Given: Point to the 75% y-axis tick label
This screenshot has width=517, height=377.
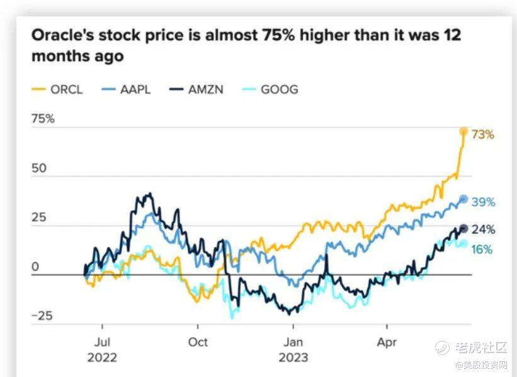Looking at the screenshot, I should coord(42,118).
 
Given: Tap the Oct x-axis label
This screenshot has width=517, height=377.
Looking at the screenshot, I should coord(198,344).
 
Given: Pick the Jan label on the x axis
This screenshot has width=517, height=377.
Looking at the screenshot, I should coord(293,344).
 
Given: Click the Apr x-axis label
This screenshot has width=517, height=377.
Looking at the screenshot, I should coord(387,344).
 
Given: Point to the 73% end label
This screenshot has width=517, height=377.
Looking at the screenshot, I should coord(482,135).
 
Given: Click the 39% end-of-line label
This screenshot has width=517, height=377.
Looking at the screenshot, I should coord(483,203).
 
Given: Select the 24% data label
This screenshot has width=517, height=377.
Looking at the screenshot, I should coord(483,230).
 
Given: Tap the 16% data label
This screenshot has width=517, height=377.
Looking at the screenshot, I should coord(482,249).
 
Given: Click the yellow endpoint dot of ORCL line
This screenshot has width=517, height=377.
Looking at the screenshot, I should coord(464,132).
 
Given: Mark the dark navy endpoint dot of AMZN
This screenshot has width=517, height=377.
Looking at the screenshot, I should coord(464,229).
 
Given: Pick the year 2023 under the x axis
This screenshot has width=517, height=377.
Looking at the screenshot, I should coord(293,357).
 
